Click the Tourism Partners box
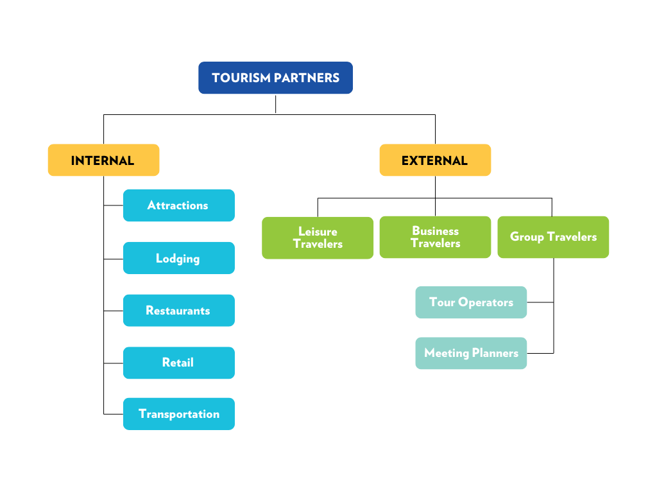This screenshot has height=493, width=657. [x=275, y=78]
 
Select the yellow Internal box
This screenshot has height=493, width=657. [x=103, y=160]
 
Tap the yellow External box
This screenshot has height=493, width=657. [x=435, y=160]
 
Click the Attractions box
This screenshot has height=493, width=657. [x=178, y=205]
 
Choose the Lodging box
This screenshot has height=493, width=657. [x=178, y=258]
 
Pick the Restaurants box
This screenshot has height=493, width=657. [x=178, y=310]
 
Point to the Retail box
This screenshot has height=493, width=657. [x=178, y=363]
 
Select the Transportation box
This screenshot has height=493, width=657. [x=178, y=414]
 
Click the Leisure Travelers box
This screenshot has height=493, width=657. [x=318, y=238]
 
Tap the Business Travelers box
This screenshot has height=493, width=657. [x=435, y=237]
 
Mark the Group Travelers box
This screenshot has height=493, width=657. [x=553, y=237]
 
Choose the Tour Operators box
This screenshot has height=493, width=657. [x=471, y=302]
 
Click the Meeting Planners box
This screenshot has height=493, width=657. [x=471, y=353]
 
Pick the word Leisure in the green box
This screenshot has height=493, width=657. [x=318, y=231]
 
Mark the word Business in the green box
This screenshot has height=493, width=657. [x=435, y=230]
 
